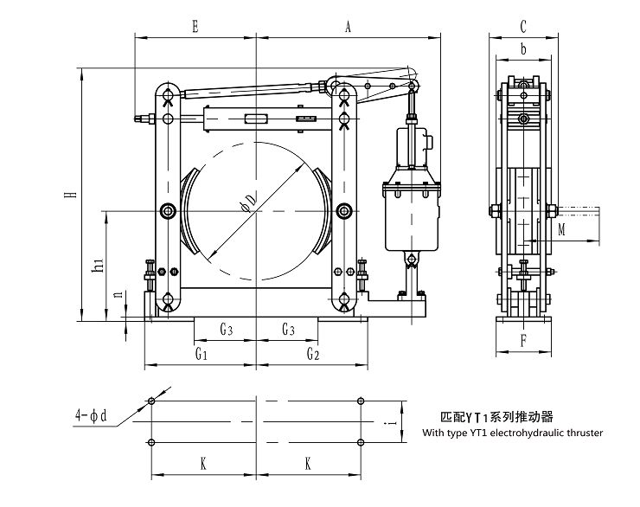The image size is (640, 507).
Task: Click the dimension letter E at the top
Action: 195,27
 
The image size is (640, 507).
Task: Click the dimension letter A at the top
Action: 348,27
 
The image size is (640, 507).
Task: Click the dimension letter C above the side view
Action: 523,27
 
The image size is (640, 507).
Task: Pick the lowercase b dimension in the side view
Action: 523,49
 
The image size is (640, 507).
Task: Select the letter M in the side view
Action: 561,230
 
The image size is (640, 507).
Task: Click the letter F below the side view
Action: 523,339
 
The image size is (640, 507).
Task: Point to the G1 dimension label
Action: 200,353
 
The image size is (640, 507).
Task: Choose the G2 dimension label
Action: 313,353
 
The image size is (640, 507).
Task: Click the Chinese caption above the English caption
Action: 490,416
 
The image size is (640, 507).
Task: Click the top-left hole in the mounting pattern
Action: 152,401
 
